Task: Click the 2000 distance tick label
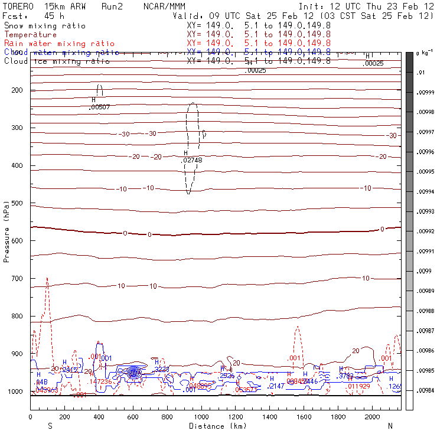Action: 373,418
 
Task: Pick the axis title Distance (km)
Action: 214,426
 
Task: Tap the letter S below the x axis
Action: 50,426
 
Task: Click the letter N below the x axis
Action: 390,426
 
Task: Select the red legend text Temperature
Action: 30,35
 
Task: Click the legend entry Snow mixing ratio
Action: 45,26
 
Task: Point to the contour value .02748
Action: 191,160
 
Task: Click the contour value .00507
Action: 99,107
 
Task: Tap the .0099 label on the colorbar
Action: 425,272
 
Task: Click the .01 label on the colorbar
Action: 422,73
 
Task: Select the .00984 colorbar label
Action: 426,391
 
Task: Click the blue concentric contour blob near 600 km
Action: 134,372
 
